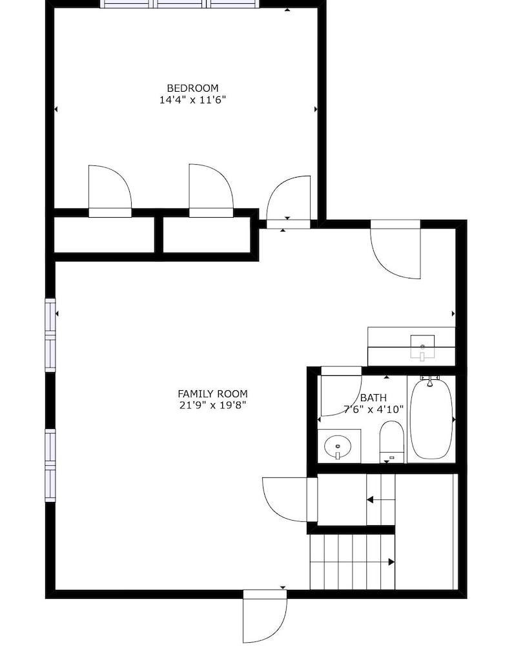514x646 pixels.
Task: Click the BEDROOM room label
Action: coord(192,88)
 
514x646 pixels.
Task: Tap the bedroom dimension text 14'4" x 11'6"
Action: coord(192,99)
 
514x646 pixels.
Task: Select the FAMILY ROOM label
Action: coord(212,393)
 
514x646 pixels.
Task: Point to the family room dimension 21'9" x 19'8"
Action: coord(212,405)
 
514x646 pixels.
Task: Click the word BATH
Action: coord(373,397)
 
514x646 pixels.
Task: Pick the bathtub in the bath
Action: coord(431,419)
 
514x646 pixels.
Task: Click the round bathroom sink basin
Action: coord(338,446)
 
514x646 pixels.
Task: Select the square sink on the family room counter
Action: coord(422,346)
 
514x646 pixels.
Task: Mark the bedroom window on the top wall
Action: coord(180,4)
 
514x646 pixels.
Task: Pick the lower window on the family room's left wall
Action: coord(50,465)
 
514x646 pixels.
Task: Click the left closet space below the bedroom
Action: coord(105,235)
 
